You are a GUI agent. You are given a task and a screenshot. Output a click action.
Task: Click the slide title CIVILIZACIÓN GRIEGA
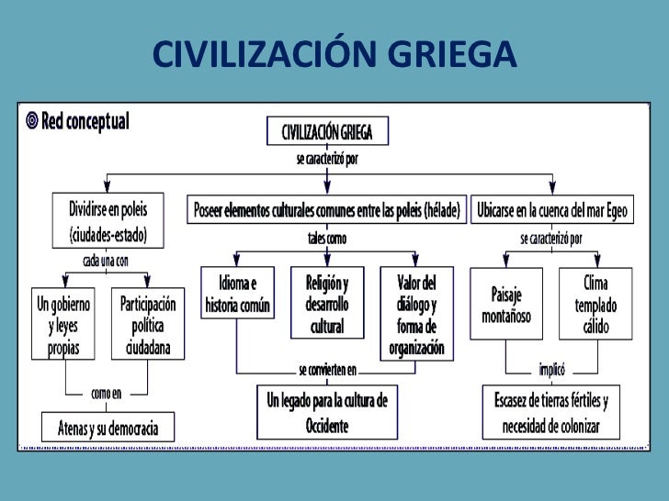(x=334, y=56)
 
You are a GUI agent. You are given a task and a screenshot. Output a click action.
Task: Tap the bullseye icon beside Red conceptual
(x=32, y=120)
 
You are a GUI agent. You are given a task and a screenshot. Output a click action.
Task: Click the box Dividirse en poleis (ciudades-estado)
(x=108, y=219)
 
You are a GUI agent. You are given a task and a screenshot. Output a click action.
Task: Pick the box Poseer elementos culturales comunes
(x=327, y=209)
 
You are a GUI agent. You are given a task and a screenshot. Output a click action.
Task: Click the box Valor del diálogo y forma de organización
(x=418, y=313)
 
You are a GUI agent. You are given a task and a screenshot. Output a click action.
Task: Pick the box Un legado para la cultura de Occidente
(x=327, y=412)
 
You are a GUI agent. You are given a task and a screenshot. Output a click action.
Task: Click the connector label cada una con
(x=108, y=261)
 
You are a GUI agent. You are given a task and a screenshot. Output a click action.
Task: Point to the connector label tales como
(x=326, y=238)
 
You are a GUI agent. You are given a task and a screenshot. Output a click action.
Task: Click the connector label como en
(x=107, y=394)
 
